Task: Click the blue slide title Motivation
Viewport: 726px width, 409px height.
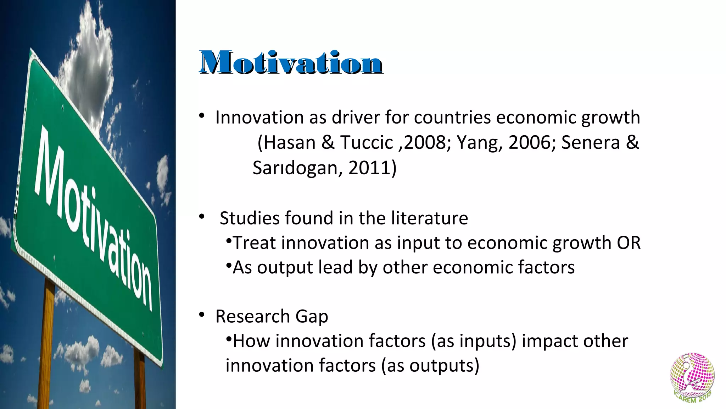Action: [x=291, y=63]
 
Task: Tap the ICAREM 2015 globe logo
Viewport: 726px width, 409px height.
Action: [x=692, y=377]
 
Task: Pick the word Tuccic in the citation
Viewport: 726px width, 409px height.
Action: [x=367, y=143]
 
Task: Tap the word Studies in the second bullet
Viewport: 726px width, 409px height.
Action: [x=250, y=218]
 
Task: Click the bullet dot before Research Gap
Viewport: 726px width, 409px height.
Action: [x=202, y=315]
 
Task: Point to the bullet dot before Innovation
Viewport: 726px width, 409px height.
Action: [x=202, y=116]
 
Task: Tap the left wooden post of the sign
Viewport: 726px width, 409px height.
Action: [x=48, y=341]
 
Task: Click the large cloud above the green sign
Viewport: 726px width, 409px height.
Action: [x=90, y=71]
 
